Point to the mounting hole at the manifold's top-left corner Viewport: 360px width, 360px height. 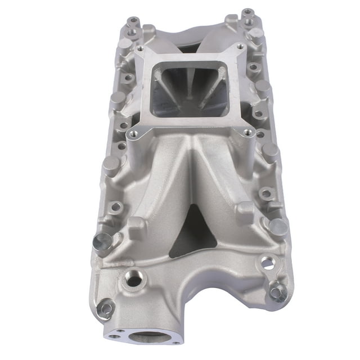tap(133, 21)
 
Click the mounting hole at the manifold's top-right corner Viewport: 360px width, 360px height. tap(246, 13)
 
